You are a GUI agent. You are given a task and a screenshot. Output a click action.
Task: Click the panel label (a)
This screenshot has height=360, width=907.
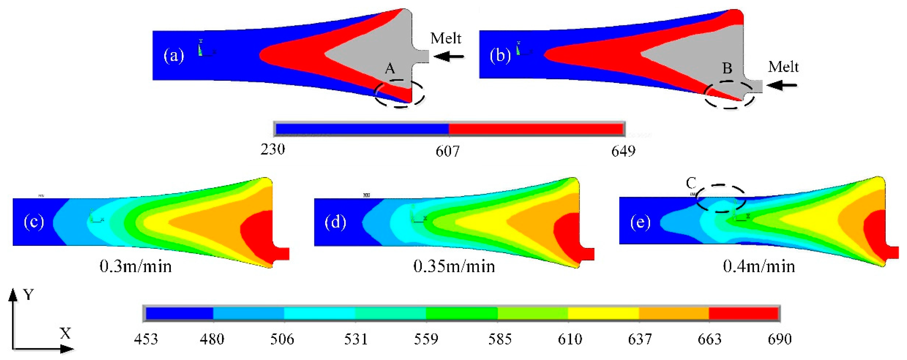pos(174,56)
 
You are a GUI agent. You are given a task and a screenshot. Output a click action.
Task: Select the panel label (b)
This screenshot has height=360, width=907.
pos(500,56)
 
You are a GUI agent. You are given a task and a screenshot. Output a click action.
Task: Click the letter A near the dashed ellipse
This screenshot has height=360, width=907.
pos(390,68)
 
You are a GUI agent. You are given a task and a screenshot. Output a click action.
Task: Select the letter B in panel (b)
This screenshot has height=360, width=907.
pos(727,68)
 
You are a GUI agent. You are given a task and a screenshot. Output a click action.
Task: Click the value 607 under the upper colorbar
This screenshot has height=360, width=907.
pos(447,151)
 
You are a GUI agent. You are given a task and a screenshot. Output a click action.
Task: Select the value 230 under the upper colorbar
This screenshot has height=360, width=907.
pos(272,150)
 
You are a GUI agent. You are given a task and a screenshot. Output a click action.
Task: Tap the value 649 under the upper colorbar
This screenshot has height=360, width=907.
pos(623,151)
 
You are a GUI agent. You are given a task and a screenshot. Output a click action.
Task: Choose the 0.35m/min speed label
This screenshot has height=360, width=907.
pos(454,267)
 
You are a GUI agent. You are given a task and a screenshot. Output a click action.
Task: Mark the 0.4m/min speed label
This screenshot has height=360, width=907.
pos(759,267)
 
